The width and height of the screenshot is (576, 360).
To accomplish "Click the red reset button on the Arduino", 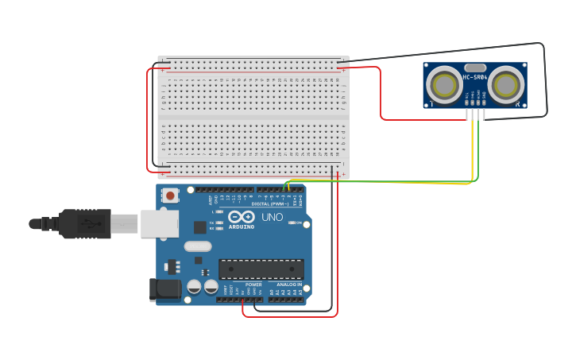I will point(170,195).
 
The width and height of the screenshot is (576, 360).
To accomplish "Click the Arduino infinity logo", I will point(241,217).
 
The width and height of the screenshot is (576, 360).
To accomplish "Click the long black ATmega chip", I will point(261,269).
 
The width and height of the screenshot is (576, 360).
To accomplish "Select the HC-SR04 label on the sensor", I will point(475,77).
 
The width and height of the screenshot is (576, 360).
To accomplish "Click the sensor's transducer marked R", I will point(505,85).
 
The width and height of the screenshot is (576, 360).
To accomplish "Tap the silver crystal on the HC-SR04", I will point(474,68).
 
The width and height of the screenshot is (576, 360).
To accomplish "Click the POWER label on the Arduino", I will point(253,285).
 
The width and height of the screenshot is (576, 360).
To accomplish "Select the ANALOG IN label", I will point(289,285).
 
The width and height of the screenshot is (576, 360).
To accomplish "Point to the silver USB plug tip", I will point(124,224).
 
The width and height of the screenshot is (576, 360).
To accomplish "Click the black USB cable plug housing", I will point(84,224).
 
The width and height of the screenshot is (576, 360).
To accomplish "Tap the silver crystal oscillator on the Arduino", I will point(198,246).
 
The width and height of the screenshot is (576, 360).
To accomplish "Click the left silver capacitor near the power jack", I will point(194,287).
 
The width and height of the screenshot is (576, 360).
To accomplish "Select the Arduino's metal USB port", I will point(160,224).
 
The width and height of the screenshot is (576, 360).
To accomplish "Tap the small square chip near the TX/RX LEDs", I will point(199,227).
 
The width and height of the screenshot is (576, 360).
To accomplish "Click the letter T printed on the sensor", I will point(431,103).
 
